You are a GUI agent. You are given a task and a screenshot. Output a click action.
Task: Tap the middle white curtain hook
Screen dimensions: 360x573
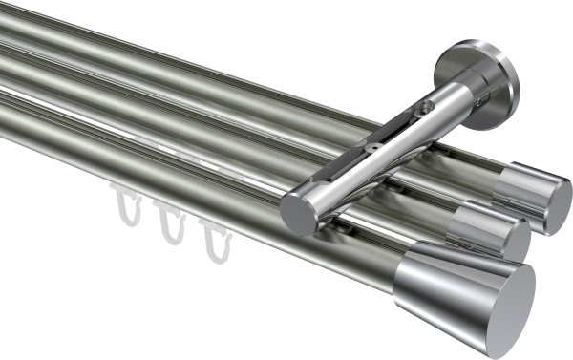[x=170, y=221]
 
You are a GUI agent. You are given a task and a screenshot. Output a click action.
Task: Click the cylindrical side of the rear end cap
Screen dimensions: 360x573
[x=520, y=187]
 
